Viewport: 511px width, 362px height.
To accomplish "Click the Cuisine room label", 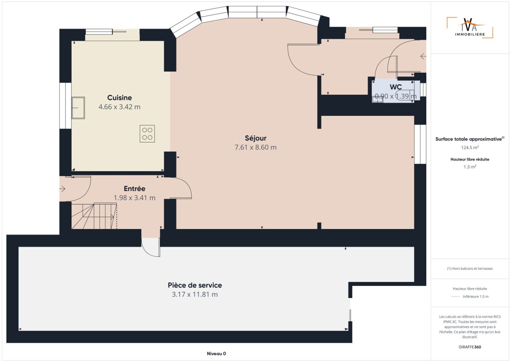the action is tap(119, 97).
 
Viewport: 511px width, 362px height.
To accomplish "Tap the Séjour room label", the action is tap(255, 138).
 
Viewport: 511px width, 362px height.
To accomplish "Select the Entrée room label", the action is tap(135, 189).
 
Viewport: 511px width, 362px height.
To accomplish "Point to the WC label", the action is tap(396, 87).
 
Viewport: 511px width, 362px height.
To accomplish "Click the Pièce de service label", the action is tap(195, 285).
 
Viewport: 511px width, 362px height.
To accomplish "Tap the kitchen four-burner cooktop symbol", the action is tap(147, 134).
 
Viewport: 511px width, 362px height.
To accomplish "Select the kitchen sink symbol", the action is tap(78, 108).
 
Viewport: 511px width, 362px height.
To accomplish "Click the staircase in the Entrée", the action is tap(94, 216).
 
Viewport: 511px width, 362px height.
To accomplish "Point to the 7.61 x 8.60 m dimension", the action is tap(255, 147).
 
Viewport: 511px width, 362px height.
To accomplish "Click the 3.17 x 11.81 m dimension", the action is tap(195, 294).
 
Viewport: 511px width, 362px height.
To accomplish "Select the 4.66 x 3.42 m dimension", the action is tap(119, 107).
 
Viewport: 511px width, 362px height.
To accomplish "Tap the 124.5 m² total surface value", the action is tap(470, 147).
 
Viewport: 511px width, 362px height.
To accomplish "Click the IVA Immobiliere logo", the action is tap(470, 28).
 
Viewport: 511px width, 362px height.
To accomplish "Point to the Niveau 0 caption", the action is tap(216, 354).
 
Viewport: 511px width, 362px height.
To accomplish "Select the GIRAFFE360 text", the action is tap(470, 347).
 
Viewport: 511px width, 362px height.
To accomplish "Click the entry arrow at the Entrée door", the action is tap(62, 189).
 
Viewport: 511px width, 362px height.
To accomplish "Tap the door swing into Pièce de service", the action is tap(151, 248).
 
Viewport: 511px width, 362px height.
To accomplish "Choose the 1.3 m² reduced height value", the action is tap(470, 167).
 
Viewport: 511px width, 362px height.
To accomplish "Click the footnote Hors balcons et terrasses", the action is tap(470, 269).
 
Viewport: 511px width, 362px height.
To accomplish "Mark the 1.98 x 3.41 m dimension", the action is tap(135, 198).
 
